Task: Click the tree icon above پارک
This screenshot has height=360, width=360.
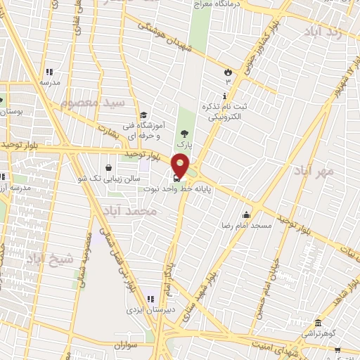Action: coord(184,133)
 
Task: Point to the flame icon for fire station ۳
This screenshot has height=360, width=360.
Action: coord(227,72)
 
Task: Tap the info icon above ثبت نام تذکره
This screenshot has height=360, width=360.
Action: coord(225,96)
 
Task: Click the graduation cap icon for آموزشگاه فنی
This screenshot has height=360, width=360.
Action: coord(143,115)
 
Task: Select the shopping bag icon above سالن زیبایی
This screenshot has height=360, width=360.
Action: coord(108,167)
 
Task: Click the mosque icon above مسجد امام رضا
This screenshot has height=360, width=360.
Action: coord(246,215)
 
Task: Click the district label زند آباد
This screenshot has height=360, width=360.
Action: coord(324,32)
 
